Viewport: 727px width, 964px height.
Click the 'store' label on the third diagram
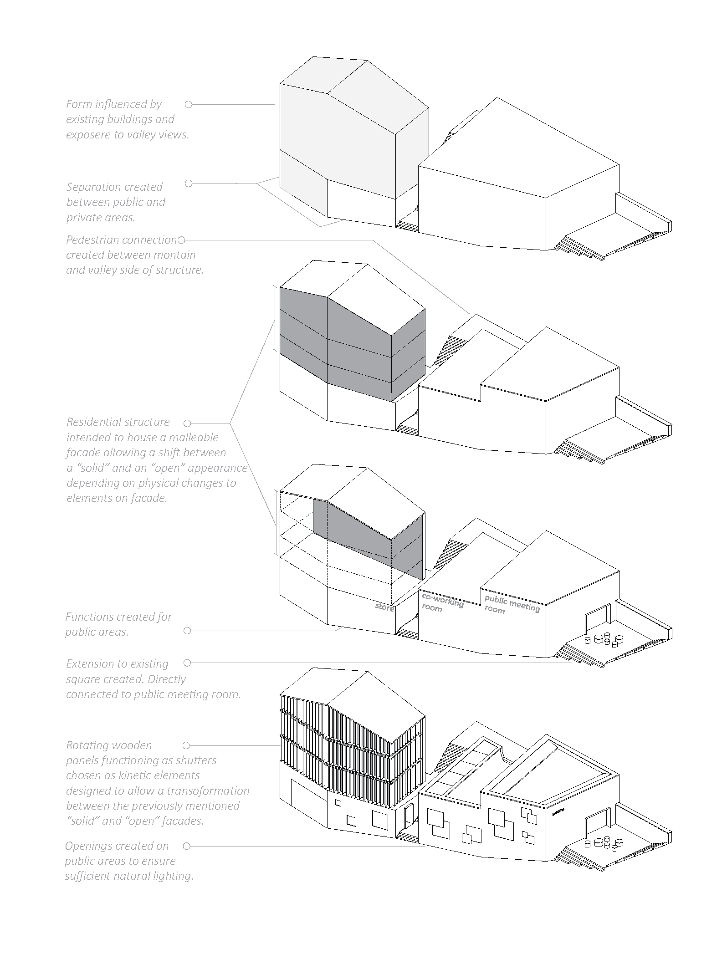click(384, 607)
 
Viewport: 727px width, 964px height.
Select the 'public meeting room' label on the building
click(511, 604)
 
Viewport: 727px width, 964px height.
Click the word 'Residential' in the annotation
click(93, 422)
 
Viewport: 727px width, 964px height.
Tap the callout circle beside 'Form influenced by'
click(189, 105)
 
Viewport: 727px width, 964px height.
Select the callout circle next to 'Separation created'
click(189, 184)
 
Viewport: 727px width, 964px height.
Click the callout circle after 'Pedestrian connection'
click(181, 240)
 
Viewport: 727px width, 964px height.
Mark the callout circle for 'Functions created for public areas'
click(187, 631)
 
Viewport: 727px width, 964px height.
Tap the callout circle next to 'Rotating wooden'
click(186, 745)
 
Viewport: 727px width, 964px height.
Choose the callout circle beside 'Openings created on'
click(186, 846)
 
